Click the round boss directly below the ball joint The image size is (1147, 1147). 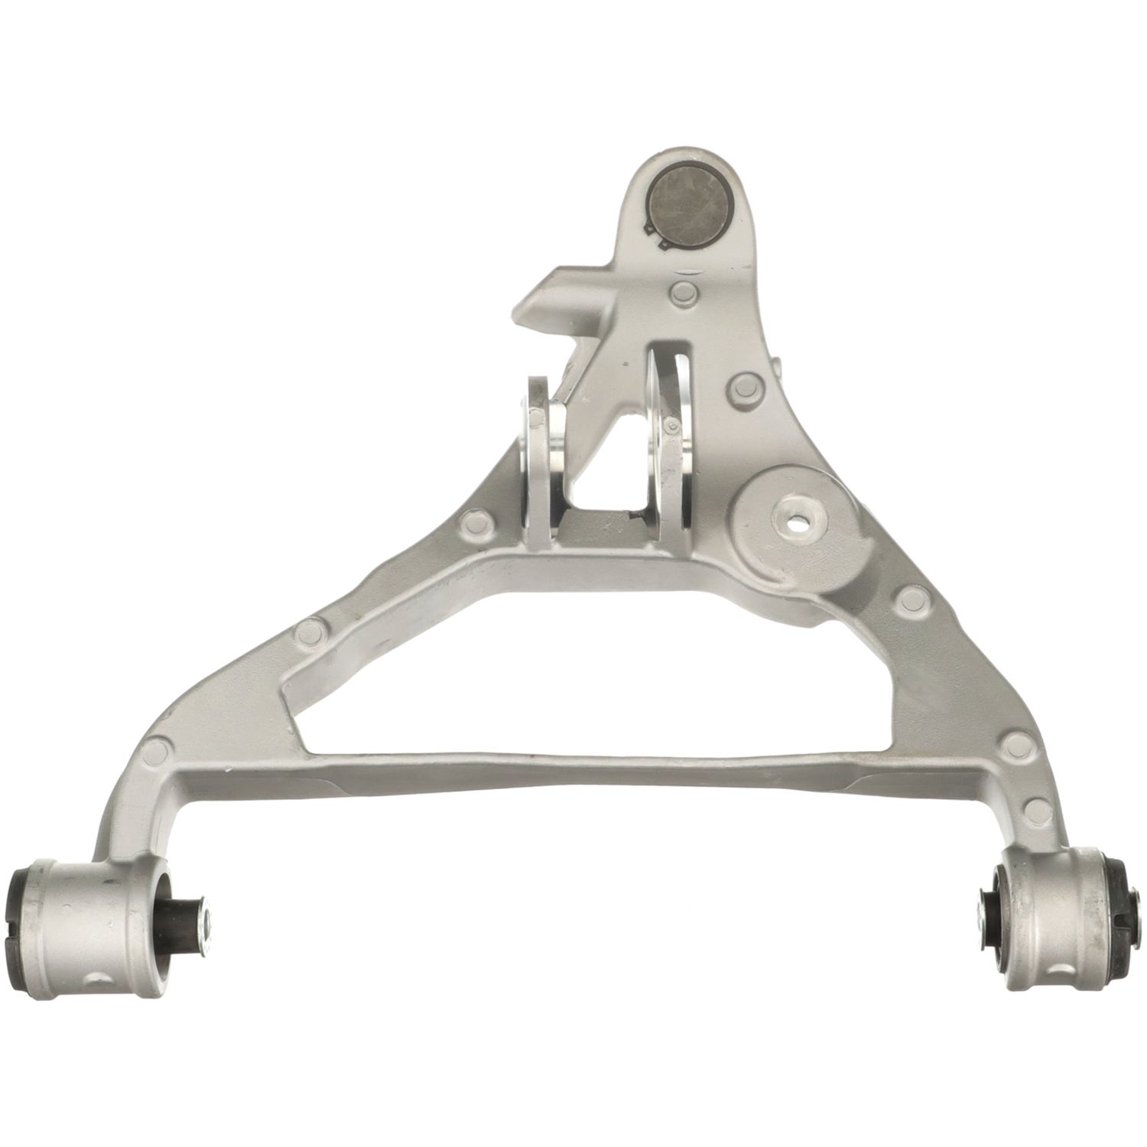tap(682, 291)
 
